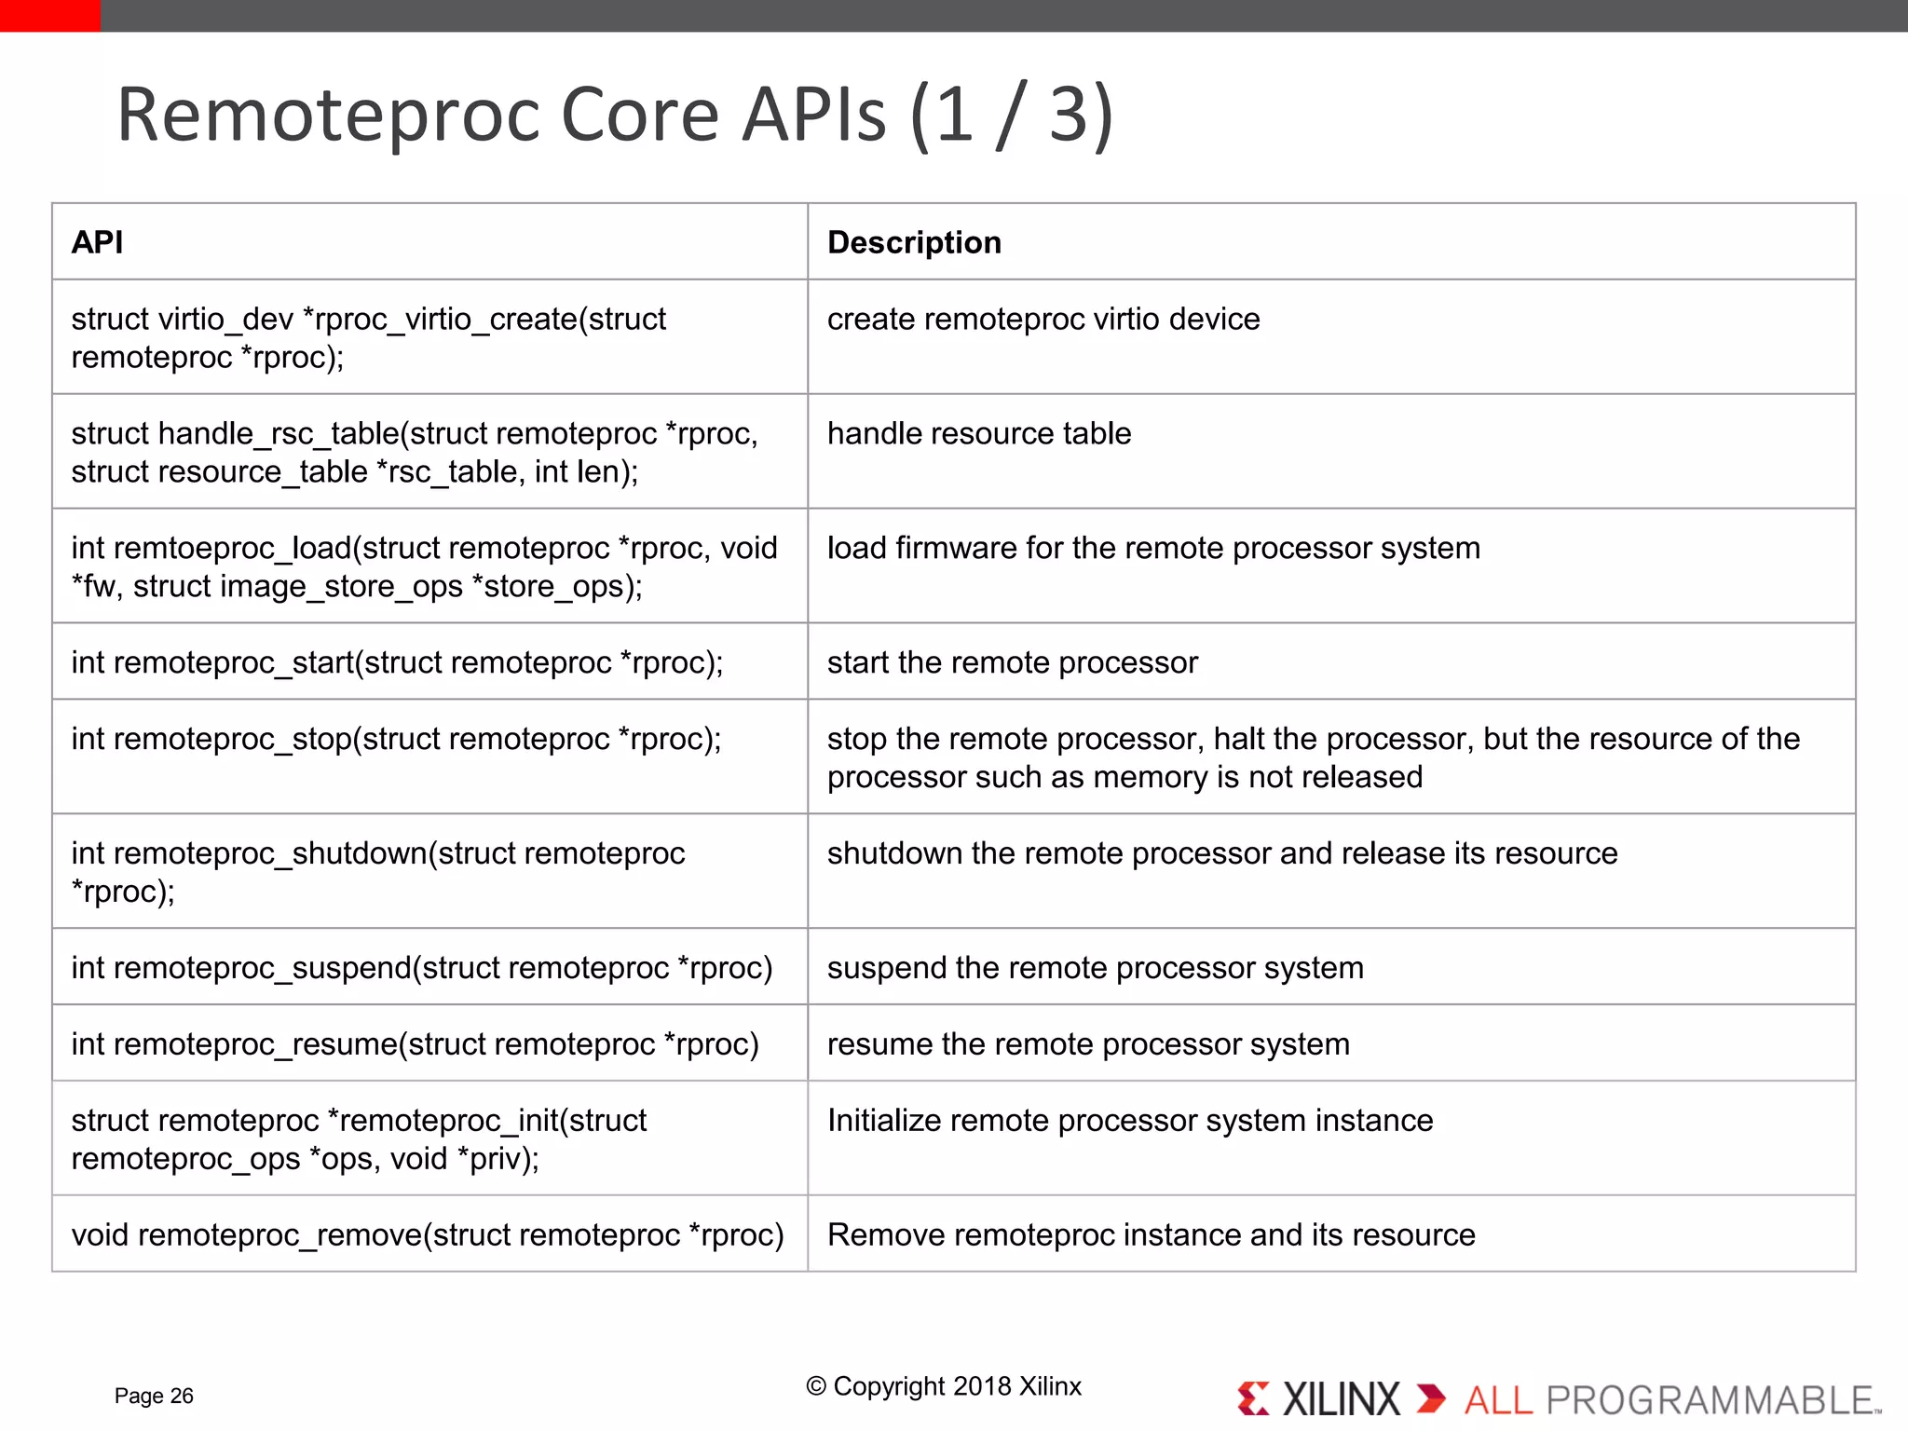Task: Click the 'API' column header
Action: [x=97, y=242]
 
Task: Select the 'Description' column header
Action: [x=914, y=242]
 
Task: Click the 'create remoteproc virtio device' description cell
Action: [x=1043, y=320]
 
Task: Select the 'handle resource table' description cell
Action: [x=978, y=434]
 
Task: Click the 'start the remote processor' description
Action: [x=1012, y=662]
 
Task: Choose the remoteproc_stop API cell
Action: [x=396, y=739]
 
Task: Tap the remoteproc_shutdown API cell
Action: [x=377, y=872]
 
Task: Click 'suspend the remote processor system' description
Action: [x=1095, y=968]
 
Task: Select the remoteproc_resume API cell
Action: [x=415, y=1044]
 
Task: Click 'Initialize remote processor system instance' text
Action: [x=1129, y=1120]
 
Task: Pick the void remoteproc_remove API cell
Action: [x=428, y=1234]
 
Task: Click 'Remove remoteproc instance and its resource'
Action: [x=1151, y=1234]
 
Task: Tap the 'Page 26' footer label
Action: [x=154, y=1396]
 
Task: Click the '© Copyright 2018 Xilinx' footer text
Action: [x=943, y=1386]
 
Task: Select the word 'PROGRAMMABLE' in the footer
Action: [x=1710, y=1400]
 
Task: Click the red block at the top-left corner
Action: [x=49, y=15]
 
